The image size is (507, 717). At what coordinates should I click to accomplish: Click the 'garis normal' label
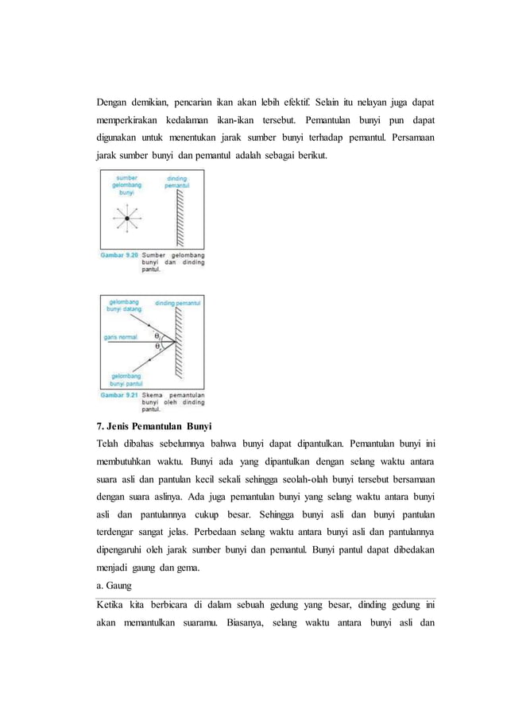point(118,337)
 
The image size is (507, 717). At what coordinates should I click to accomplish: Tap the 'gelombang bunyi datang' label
point(125,306)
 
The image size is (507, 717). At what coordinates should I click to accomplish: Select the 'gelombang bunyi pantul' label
point(126,378)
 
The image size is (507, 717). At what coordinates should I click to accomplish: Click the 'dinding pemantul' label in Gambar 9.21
point(177,304)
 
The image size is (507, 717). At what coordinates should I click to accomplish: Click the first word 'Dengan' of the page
point(114,102)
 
